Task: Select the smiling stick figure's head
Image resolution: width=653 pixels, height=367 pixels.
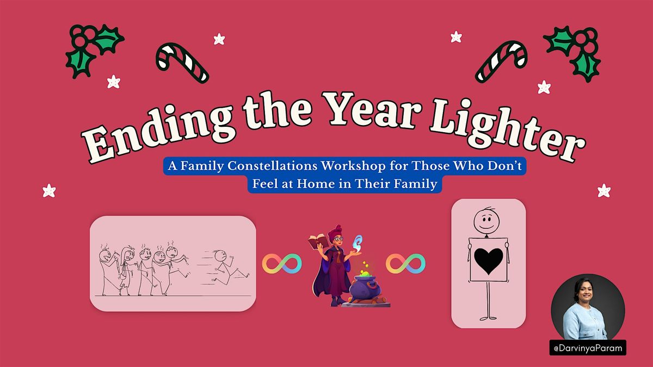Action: click(485, 220)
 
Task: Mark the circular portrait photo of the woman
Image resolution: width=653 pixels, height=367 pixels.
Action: click(588, 307)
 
